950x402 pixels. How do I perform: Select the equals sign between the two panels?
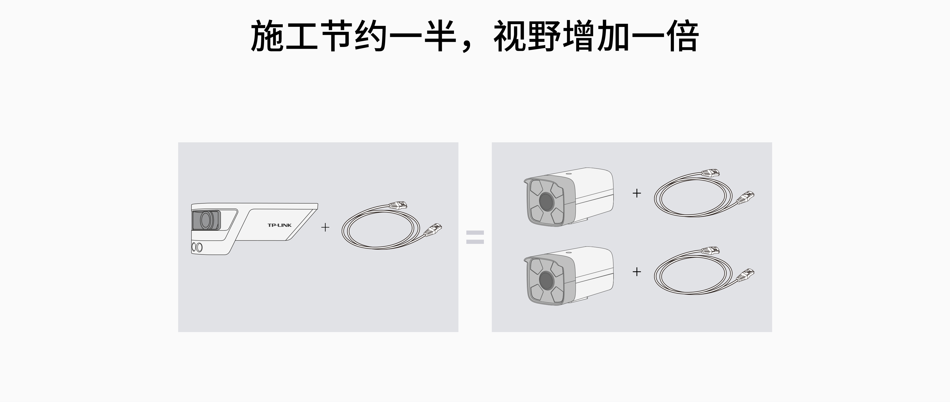pyautogui.click(x=475, y=237)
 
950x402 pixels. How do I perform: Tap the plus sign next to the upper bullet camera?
pyautogui.click(x=637, y=193)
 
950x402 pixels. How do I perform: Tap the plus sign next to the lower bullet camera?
pyautogui.click(x=637, y=272)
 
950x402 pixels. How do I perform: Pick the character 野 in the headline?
pyautogui.click(x=544, y=36)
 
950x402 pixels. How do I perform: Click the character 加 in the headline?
pyautogui.click(x=613, y=36)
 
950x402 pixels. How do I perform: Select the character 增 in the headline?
pyautogui.click(x=579, y=36)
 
